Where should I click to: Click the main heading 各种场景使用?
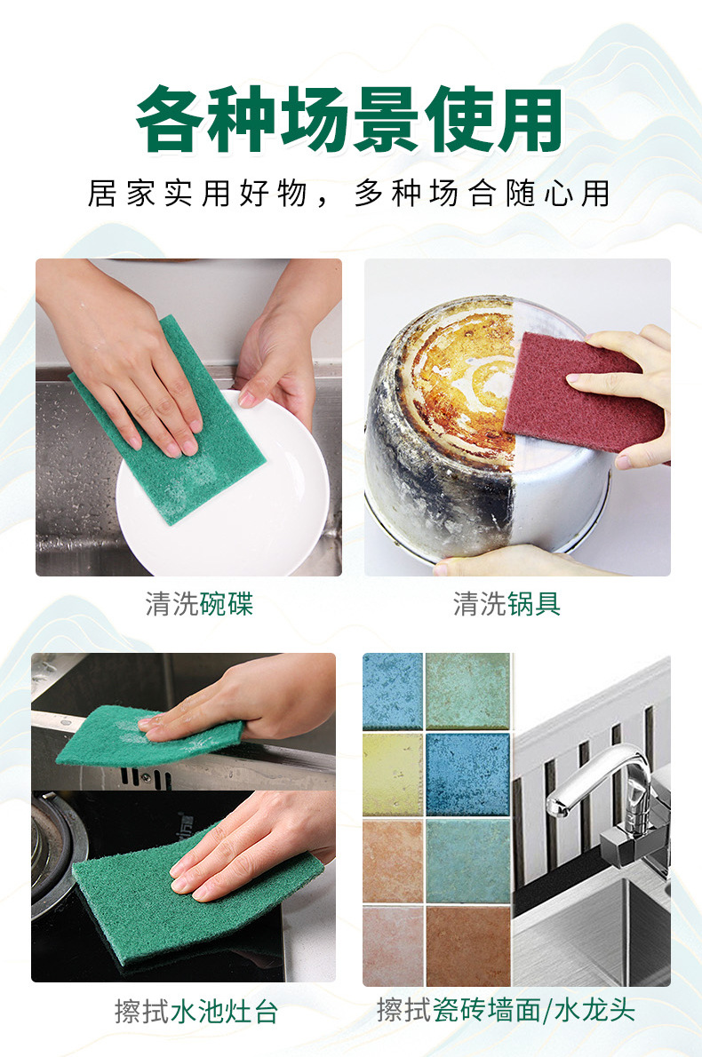[350, 121]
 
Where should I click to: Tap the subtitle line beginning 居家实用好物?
[349, 194]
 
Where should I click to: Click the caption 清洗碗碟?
[199, 605]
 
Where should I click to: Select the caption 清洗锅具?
[507, 605]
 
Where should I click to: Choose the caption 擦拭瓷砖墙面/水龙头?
[506, 1010]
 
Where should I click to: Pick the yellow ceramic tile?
[392, 774]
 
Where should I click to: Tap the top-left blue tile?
[392, 691]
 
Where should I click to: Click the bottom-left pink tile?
[392, 946]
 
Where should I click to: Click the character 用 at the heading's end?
[530, 121]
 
